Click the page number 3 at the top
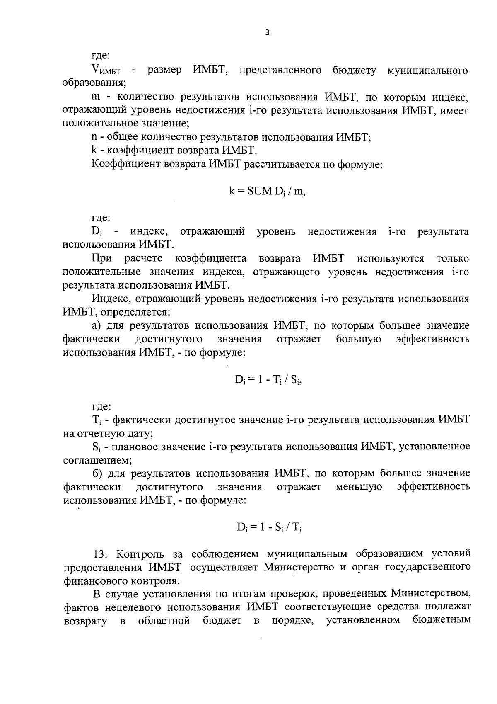267,33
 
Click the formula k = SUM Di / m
267,191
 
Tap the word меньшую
359,486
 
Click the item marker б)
97,473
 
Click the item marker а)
97,326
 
